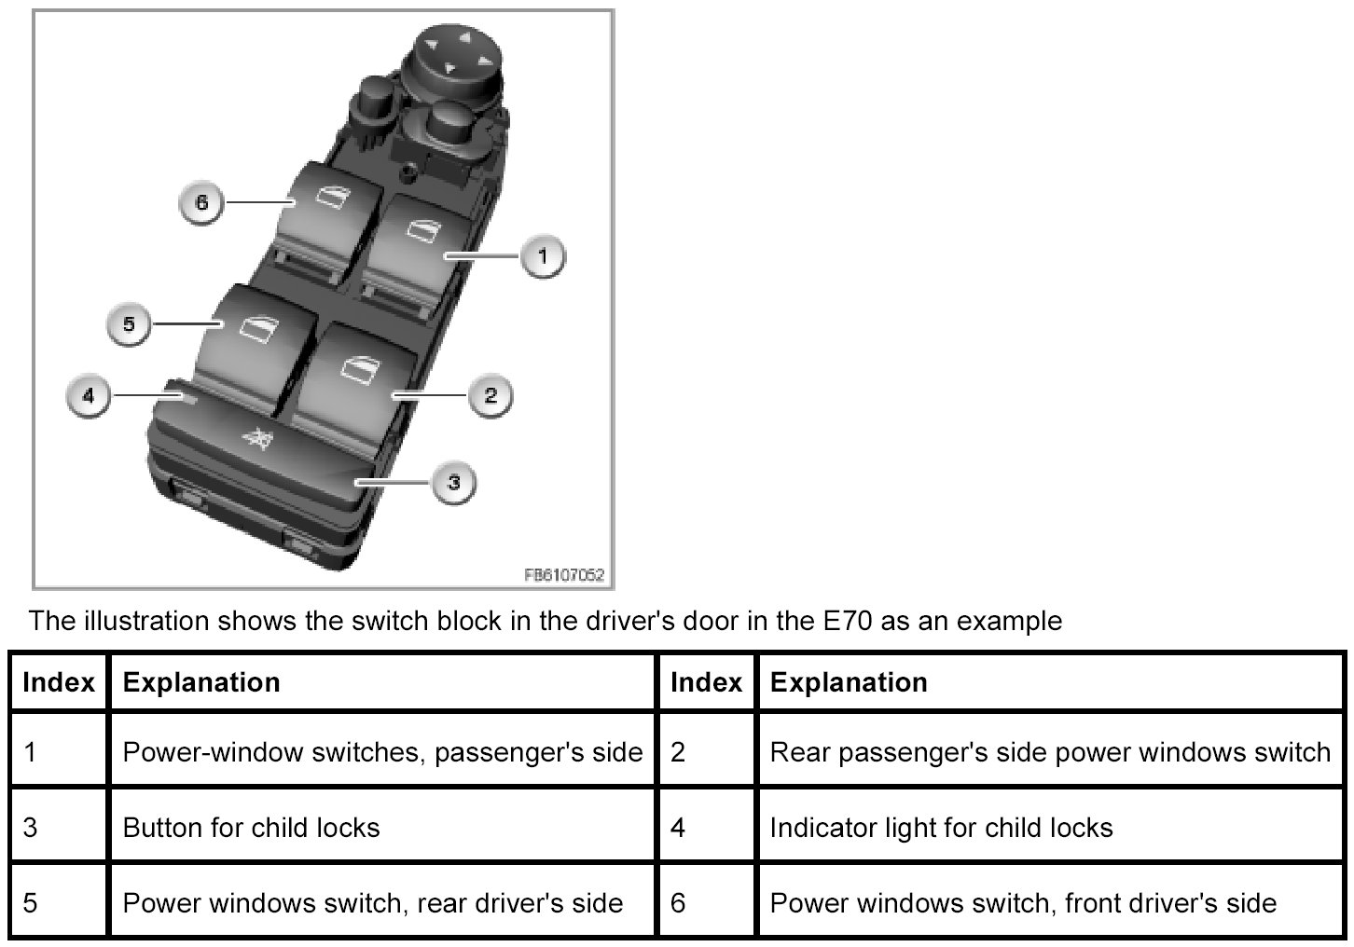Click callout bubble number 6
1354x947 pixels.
click(202, 202)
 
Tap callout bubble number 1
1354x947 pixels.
click(543, 254)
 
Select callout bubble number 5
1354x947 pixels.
click(129, 323)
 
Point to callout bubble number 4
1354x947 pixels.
click(89, 395)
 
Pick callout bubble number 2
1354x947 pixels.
click(490, 395)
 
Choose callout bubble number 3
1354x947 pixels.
click(453, 482)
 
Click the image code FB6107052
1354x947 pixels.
click(565, 575)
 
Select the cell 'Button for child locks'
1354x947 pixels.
click(251, 828)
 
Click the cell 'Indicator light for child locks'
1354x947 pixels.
click(941, 828)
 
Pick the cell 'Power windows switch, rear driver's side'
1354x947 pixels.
click(372, 903)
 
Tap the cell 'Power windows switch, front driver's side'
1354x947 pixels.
click(1022, 903)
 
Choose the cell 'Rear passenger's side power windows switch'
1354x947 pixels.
click(1049, 752)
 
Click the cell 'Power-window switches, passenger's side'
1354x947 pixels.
click(382, 752)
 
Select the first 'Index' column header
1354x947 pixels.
click(59, 682)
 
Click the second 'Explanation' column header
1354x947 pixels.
click(848, 682)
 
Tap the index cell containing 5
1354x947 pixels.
click(31, 903)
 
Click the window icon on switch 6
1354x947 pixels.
click(330, 195)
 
